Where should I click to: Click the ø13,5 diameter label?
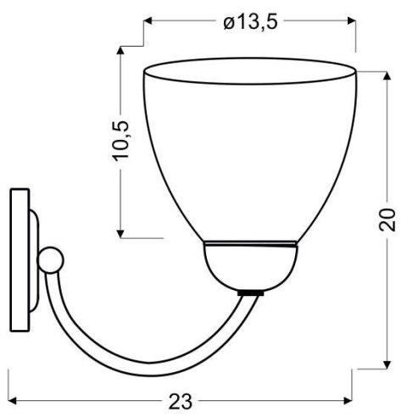(250, 22)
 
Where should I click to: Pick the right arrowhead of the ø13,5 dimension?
(350, 22)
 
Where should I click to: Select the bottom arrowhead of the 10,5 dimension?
(124, 231)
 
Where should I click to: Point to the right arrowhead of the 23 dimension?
(349, 398)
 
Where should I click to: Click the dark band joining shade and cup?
(250, 246)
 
